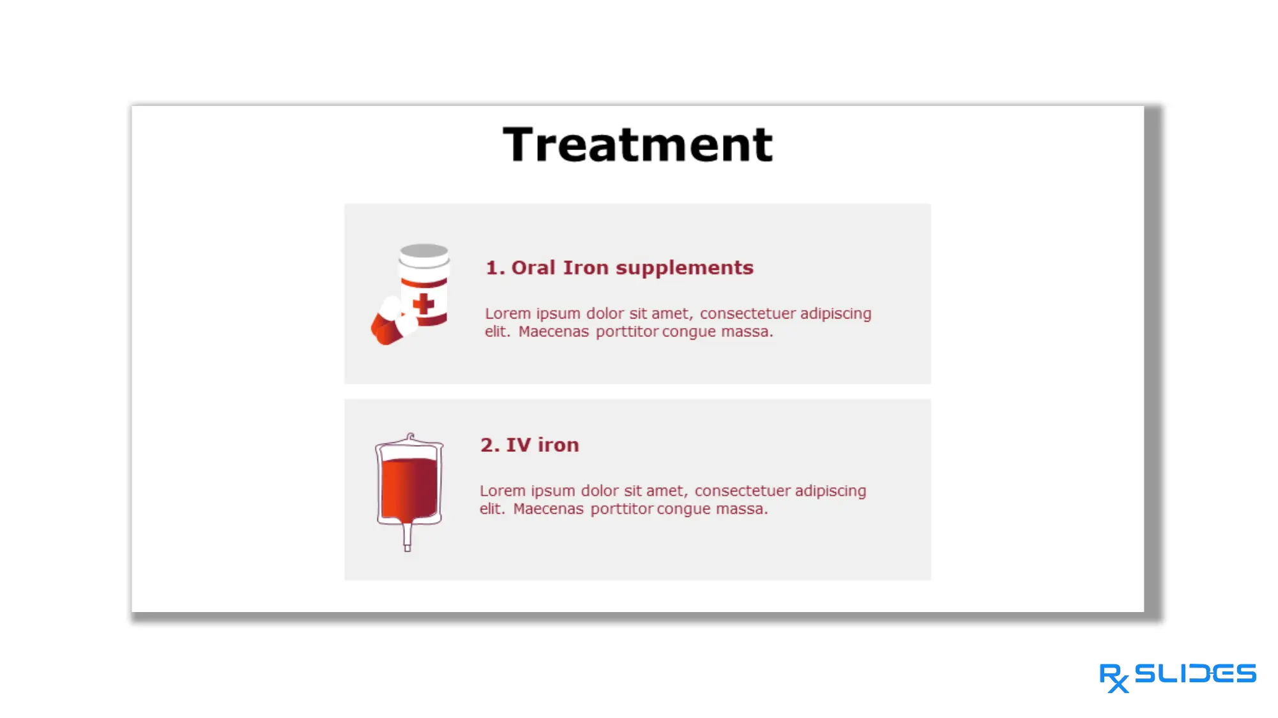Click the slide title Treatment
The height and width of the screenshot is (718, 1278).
click(637, 145)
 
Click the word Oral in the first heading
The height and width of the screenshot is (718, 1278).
click(533, 267)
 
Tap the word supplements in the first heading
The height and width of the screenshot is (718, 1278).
click(684, 268)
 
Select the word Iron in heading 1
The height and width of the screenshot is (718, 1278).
click(585, 267)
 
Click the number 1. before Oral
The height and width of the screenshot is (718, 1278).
click(495, 267)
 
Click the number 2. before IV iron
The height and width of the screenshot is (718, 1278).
click(490, 445)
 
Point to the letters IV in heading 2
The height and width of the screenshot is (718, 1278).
click(518, 445)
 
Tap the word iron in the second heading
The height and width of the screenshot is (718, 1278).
click(558, 445)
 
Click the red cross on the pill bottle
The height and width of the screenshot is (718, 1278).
click(423, 304)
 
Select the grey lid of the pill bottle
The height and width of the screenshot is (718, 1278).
click(423, 251)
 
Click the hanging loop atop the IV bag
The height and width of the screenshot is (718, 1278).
click(410, 437)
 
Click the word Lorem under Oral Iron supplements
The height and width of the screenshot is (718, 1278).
click(508, 314)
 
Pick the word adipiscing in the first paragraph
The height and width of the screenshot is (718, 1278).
click(835, 314)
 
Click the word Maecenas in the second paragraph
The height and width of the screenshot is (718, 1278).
click(548, 509)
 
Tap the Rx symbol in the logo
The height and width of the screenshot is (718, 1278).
click(1114, 677)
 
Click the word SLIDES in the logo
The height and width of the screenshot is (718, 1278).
click(1195, 673)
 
